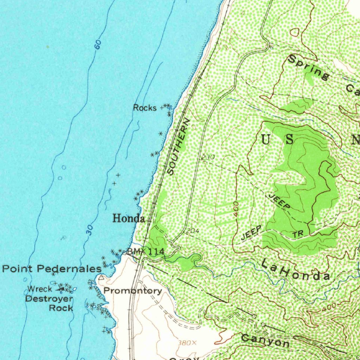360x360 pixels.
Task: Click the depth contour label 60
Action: coord(98,45)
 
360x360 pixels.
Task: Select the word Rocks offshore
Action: coord(144,108)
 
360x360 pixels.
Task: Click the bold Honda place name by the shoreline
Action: coord(128,218)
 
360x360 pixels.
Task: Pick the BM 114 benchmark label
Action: coord(146,251)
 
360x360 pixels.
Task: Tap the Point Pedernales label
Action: coord(52,269)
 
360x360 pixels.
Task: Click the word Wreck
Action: coord(40,289)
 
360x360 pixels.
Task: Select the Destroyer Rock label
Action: coord(50,303)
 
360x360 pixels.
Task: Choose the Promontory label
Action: coord(133,291)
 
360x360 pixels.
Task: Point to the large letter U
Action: coord(265,140)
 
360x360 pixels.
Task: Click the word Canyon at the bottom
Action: coord(265,340)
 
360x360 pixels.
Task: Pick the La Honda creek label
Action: coord(296,270)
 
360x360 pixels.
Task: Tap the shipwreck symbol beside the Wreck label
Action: coord(62,289)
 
